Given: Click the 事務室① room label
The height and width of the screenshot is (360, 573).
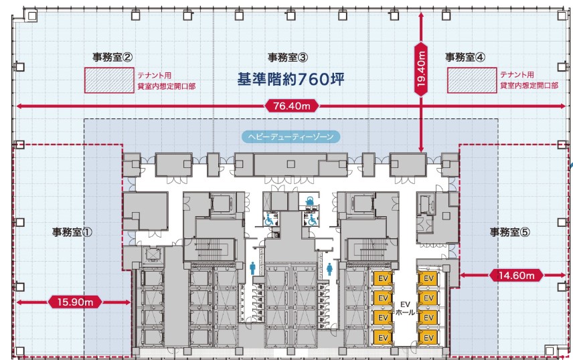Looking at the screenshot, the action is pyautogui.click(x=72, y=232).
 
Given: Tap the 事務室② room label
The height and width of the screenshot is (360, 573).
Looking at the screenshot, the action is pyautogui.click(x=112, y=57).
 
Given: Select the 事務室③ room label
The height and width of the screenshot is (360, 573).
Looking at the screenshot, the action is pyautogui.click(x=288, y=57).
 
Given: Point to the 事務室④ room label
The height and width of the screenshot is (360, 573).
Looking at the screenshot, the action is pyautogui.click(x=465, y=57).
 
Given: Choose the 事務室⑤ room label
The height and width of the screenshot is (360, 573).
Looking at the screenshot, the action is pyautogui.click(x=510, y=232).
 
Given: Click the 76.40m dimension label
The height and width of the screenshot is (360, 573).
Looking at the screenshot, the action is pyautogui.click(x=292, y=106).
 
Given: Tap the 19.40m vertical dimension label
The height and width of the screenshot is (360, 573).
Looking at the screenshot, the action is pyautogui.click(x=421, y=69).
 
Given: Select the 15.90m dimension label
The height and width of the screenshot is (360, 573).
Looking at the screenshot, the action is pyautogui.click(x=75, y=302).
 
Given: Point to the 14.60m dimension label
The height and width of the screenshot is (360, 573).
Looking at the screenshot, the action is pyautogui.click(x=516, y=275).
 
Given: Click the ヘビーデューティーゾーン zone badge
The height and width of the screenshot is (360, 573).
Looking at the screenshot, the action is pyautogui.click(x=291, y=137).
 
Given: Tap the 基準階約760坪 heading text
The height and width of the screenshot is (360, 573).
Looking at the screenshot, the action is pyautogui.click(x=291, y=79).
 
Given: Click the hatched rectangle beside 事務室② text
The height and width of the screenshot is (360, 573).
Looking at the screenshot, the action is pyautogui.click(x=109, y=80).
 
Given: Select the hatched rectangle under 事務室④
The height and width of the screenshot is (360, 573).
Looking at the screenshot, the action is pyautogui.click(x=472, y=80).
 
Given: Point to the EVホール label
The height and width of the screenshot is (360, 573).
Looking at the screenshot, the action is pyautogui.click(x=405, y=308).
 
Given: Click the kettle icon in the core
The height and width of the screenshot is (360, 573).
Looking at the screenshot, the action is pyautogui.click(x=309, y=200).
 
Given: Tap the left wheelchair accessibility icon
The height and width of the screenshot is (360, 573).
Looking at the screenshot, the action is pyautogui.click(x=269, y=219).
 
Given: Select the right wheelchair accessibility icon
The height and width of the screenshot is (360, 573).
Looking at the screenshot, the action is pyautogui.click(x=313, y=219).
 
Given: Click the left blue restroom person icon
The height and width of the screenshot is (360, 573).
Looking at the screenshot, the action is pyautogui.click(x=252, y=268).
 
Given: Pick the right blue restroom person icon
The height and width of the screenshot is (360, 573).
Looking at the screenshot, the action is pyautogui.click(x=329, y=268).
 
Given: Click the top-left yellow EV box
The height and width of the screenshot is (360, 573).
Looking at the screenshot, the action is pyautogui.click(x=383, y=279).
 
